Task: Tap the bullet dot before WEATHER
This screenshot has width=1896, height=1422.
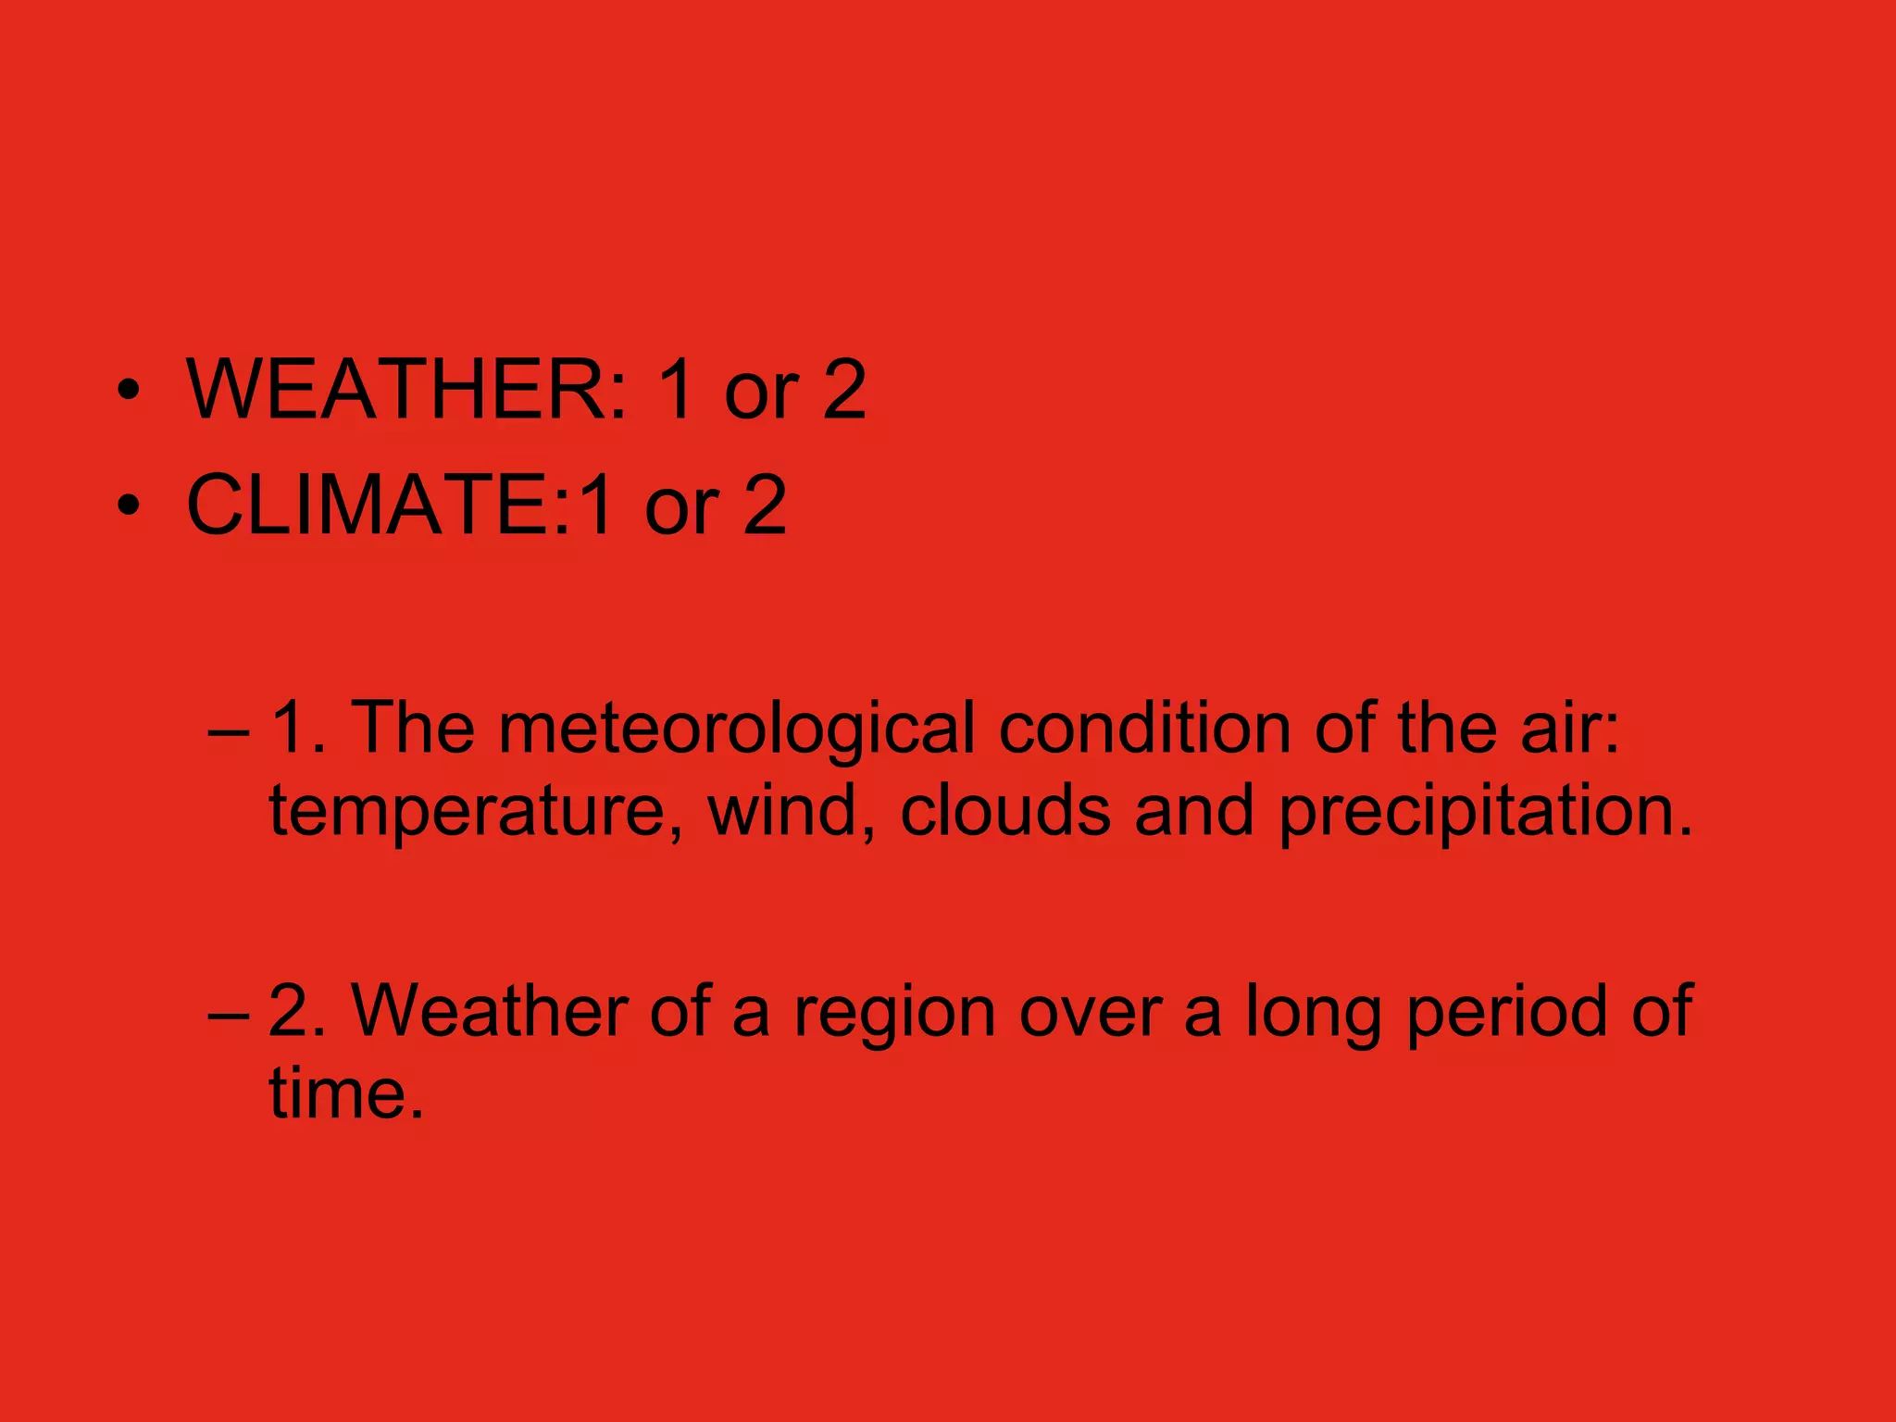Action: click(x=130, y=392)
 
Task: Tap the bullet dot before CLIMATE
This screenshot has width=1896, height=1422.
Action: click(x=130, y=506)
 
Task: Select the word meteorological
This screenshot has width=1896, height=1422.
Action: click(x=737, y=729)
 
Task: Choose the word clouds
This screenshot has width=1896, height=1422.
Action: click(x=1005, y=810)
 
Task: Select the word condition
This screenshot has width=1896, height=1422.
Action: click(x=1144, y=728)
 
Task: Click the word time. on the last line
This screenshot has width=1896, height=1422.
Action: click(x=346, y=1093)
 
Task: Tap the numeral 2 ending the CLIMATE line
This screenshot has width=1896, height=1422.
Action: click(x=764, y=505)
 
